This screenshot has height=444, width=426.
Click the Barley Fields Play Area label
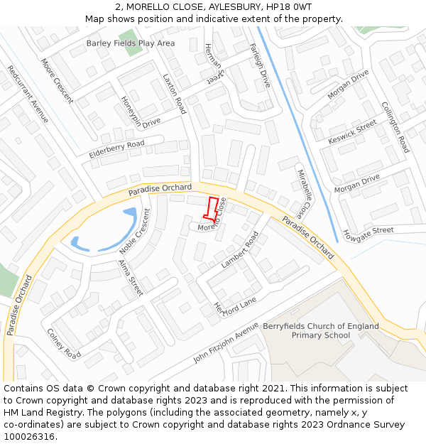tap(131, 43)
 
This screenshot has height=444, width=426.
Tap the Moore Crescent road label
tap(57, 80)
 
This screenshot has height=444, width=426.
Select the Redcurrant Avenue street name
tap(28, 94)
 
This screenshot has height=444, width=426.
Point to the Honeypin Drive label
tap(141, 112)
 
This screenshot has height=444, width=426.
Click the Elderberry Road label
tap(116, 149)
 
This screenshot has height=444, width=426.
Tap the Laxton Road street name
tap(174, 94)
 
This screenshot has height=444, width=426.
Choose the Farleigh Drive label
tap(260, 65)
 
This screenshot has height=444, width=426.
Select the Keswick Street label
tap(353, 133)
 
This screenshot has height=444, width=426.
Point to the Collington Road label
tap(395, 126)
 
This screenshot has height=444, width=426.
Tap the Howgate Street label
tap(368, 232)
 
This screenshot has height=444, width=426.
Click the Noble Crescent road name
tap(135, 232)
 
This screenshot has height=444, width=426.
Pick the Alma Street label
tap(131, 278)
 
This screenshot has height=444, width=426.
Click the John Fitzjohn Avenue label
tap(226, 342)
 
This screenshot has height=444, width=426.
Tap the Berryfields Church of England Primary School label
tap(321, 330)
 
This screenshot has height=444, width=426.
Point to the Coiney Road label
tap(63, 343)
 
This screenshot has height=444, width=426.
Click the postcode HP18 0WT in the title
tap(289, 7)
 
